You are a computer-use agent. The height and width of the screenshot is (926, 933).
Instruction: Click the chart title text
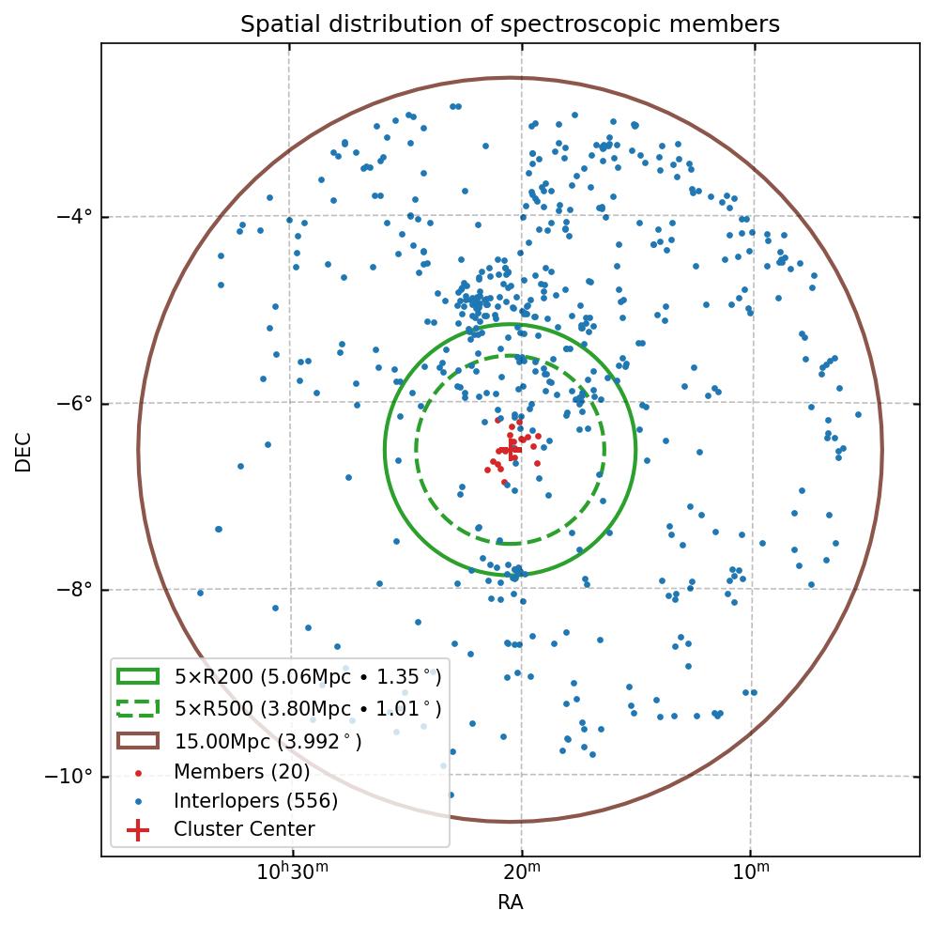(510, 24)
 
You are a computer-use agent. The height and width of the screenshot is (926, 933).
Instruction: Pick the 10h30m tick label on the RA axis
(292, 874)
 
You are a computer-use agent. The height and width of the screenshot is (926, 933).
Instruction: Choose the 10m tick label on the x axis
(749, 874)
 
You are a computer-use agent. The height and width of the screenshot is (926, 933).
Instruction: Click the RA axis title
(510, 903)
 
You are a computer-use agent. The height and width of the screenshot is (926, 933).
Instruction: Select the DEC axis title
(23, 451)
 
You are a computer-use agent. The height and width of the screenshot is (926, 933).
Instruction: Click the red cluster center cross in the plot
(511, 450)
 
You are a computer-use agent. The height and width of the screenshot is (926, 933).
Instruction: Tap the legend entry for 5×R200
(307, 677)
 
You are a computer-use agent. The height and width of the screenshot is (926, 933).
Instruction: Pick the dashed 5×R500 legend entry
(307, 709)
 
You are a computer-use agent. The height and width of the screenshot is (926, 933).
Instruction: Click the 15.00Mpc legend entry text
(268, 742)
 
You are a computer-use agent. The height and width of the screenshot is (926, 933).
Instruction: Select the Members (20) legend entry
(241, 772)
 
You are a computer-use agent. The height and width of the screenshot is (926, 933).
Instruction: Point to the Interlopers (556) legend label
(255, 801)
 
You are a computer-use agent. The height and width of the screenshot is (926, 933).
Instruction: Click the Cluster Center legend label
(244, 830)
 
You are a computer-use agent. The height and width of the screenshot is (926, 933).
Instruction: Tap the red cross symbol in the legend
(138, 830)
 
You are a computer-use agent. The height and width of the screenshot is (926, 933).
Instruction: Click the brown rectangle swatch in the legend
(138, 741)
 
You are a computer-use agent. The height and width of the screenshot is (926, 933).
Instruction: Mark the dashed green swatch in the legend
(138, 708)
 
